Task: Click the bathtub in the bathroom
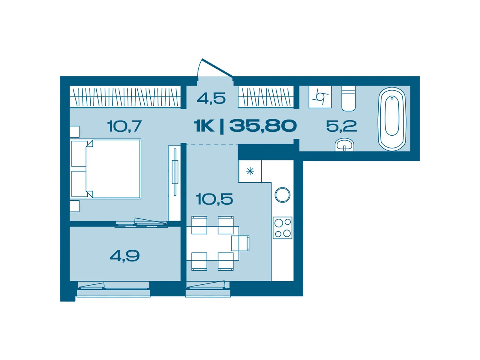tap(392, 119)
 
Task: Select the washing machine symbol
tap(320, 97)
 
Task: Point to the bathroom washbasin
tap(344, 145)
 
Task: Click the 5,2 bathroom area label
tap(341, 126)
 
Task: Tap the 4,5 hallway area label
tap(211, 98)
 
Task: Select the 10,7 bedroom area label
tap(124, 126)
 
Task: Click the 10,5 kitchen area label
tap(214, 199)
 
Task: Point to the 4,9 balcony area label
tap(124, 256)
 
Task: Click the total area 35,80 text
tap(263, 126)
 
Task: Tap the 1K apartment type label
tap(204, 126)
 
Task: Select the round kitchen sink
tap(282, 195)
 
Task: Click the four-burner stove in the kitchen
tap(282, 228)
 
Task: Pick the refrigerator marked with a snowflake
tap(250, 171)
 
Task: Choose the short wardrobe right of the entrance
tap(265, 97)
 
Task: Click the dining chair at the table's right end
tap(240, 243)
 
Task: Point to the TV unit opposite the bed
tap(174, 183)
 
